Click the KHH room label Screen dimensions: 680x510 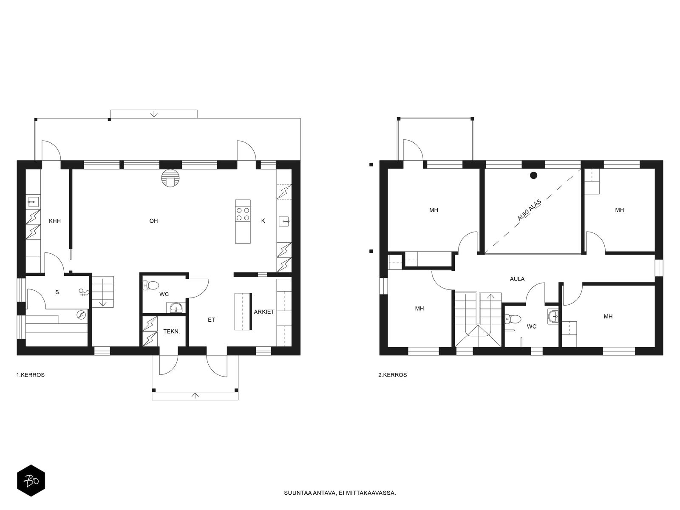[x=55, y=221]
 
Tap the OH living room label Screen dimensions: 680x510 [x=154, y=221]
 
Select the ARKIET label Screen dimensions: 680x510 [x=264, y=312]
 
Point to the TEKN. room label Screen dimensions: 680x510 [x=172, y=331]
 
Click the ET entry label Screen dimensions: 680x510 [x=211, y=320]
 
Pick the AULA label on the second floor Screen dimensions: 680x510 [x=517, y=279]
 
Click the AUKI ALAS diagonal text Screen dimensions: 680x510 [x=529, y=210]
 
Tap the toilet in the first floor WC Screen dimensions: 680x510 [x=151, y=285]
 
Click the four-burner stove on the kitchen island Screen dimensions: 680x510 [x=243, y=214]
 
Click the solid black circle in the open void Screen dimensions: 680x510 [x=533, y=176]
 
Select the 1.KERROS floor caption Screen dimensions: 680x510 [x=30, y=375]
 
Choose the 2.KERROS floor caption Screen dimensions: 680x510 [x=393, y=375]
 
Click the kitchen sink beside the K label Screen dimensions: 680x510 [x=284, y=221]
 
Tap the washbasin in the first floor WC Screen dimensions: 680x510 [x=176, y=307]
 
